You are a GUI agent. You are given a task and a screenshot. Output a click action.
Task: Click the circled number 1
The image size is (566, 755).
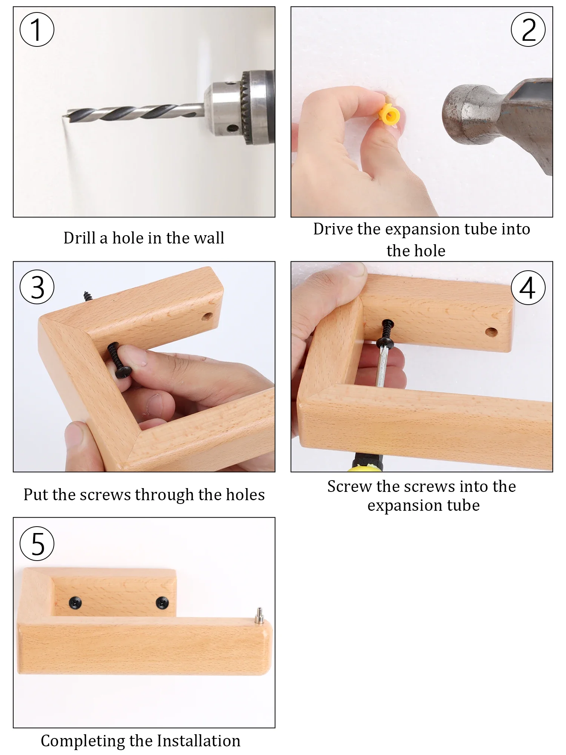tap(37, 29)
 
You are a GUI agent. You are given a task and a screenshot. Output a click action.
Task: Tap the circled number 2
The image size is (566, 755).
tap(528, 29)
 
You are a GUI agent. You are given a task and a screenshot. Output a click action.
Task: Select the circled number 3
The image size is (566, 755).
tap(37, 287)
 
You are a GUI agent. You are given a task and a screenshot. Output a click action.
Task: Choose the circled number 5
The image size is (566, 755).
tap(37, 544)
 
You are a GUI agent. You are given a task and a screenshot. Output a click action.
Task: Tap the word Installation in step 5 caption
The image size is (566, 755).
tap(198, 741)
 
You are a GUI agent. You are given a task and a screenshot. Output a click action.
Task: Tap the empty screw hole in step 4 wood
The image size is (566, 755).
tap(491, 332)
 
